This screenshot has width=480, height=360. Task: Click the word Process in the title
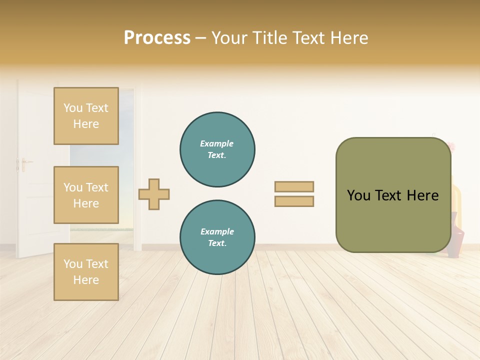pyautogui.click(x=157, y=38)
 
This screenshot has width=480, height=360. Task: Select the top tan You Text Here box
pyautogui.click(x=86, y=116)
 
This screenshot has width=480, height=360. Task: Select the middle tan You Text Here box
pyautogui.click(x=86, y=195)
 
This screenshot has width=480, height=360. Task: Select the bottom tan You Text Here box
pyautogui.click(x=86, y=272)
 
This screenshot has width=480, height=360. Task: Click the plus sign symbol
pyautogui.click(x=154, y=194)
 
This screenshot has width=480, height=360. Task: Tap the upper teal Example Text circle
pyautogui.click(x=217, y=149)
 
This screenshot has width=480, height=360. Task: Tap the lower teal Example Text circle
pyautogui.click(x=217, y=237)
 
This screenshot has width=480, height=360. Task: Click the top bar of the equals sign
pyautogui.click(x=294, y=186)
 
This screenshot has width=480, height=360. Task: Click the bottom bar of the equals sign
pyautogui.click(x=294, y=201)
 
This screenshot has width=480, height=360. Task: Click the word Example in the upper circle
pyautogui.click(x=216, y=144)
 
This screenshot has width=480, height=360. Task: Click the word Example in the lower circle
pyautogui.click(x=217, y=231)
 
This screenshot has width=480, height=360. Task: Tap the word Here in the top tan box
pyautogui.click(x=86, y=124)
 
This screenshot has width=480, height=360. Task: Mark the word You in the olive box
pyautogui.click(x=358, y=195)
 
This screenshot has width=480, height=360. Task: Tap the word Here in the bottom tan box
pyautogui.click(x=86, y=280)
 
